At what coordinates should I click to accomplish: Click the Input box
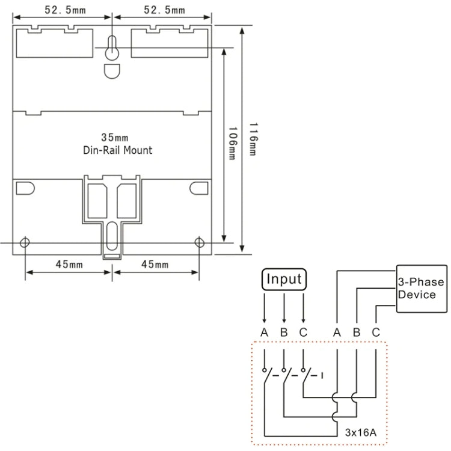click(284, 279)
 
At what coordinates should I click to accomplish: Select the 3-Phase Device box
click(421, 288)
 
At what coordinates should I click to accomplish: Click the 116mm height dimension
click(253, 140)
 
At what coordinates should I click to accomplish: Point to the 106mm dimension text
click(233, 144)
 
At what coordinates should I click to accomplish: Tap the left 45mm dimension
click(69, 264)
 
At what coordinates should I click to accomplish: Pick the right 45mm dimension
click(155, 264)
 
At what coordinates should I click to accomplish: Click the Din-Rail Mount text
click(117, 150)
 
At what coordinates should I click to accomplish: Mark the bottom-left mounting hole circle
click(25, 243)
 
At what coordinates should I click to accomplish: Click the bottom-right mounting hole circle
click(199, 243)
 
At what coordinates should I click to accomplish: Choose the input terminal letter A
click(264, 333)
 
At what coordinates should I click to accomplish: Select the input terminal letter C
click(304, 333)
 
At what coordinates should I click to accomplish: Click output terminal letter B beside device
click(356, 333)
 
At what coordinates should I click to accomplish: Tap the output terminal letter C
click(376, 333)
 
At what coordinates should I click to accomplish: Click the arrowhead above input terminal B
click(284, 319)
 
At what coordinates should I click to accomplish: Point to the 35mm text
click(112, 137)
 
